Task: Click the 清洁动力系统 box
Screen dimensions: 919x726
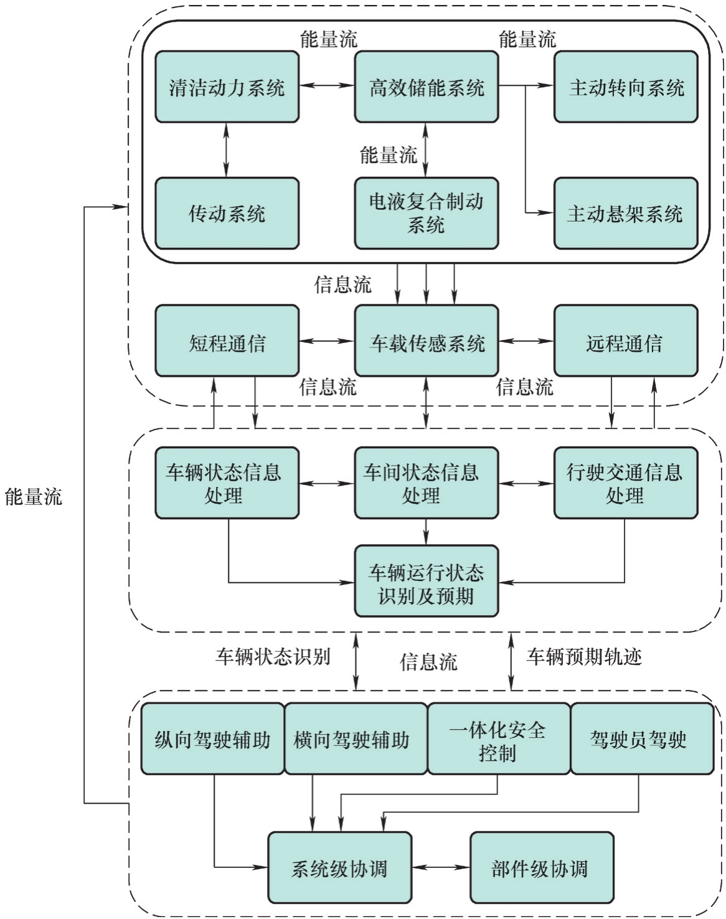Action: pos(227,87)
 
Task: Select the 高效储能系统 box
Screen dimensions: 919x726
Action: pos(426,87)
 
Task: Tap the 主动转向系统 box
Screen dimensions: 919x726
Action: pos(625,87)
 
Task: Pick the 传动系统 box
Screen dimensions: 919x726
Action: pos(227,214)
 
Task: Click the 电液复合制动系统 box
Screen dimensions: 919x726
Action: pos(426,214)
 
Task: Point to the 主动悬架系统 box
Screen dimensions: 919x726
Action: pos(625,214)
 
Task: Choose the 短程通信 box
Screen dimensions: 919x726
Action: pos(227,341)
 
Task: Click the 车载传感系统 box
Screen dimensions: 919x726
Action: pos(426,341)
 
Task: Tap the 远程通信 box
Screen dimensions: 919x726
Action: pos(625,341)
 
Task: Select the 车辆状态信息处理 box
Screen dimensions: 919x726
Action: pos(227,483)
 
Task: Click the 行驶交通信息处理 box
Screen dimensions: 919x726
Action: pos(625,483)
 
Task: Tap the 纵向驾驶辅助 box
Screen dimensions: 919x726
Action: pos(212,739)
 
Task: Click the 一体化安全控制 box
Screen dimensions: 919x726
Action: pos(498,739)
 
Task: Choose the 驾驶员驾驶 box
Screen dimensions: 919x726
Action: pos(641,739)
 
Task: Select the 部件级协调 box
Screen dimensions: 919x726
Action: pos(541,868)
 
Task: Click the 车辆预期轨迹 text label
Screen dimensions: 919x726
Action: pos(584,657)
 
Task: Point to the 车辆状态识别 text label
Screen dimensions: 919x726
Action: pos(273,657)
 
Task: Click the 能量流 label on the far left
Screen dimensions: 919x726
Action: pos(34,497)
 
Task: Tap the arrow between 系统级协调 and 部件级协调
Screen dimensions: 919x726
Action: pos(441,868)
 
